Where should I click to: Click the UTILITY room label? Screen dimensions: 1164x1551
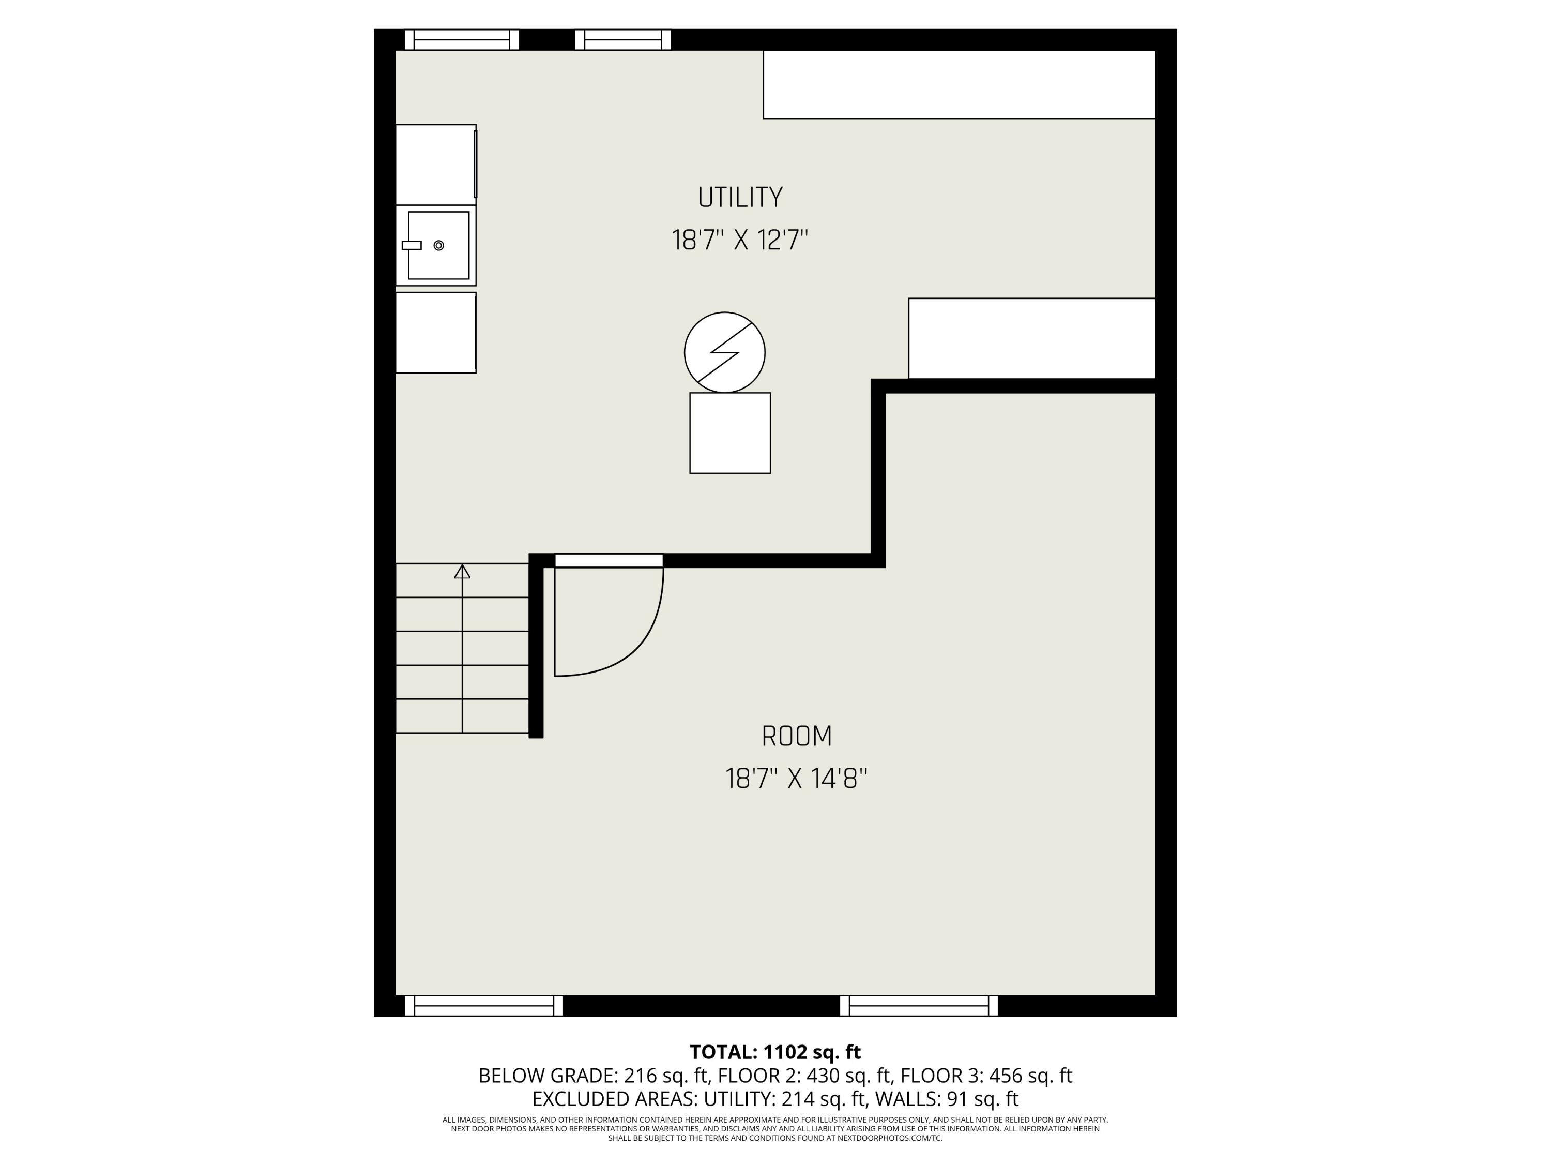(740, 197)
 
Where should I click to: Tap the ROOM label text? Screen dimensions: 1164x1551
(797, 736)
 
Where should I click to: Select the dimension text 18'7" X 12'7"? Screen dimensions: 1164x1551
(740, 240)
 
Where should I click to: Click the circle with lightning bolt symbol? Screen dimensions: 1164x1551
(724, 352)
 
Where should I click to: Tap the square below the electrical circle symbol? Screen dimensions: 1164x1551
(730, 433)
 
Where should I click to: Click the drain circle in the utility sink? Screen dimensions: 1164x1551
(439, 246)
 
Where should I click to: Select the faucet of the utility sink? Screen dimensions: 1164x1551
(412, 246)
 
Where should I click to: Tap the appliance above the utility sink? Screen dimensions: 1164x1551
(435, 164)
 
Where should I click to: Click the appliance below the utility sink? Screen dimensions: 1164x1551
(435, 333)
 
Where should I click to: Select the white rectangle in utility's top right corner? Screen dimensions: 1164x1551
(959, 84)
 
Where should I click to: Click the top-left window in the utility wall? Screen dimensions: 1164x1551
(461, 40)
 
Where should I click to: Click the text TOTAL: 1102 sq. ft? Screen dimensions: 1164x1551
(775, 1052)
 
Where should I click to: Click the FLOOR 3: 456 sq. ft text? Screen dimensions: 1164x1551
(986, 1076)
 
